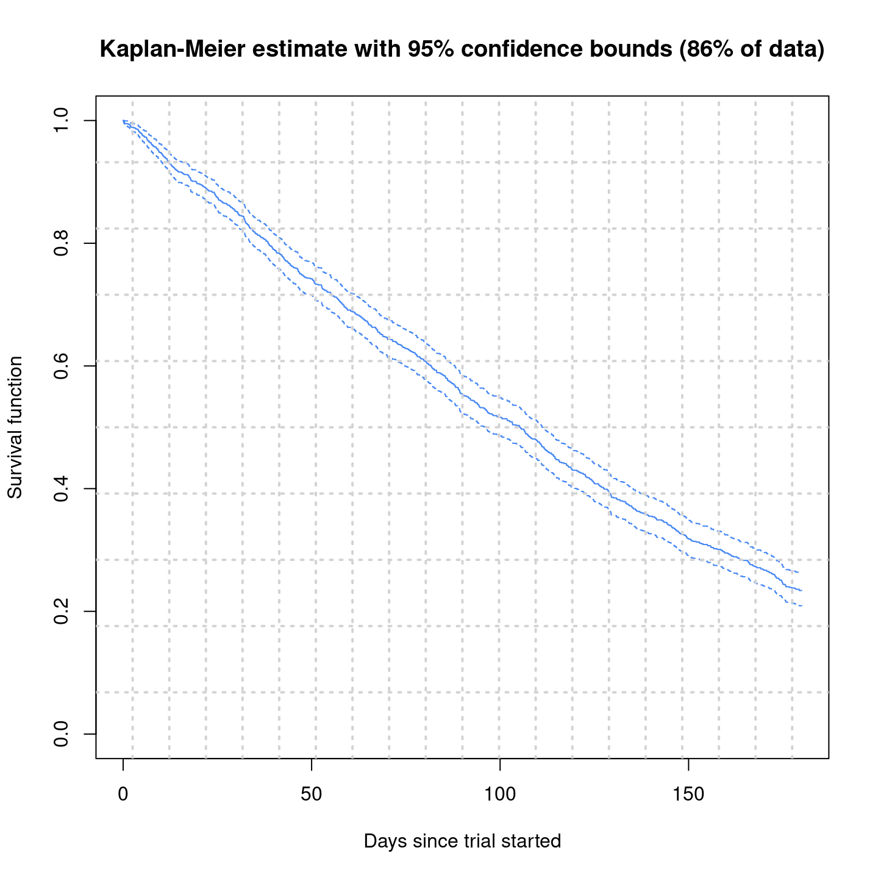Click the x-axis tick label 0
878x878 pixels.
pos(123,795)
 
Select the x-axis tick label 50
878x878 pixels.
pos(312,795)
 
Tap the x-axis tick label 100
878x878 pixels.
pos(499,795)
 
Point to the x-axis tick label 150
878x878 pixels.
pos(688,795)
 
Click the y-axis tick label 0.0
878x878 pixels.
pos(61,733)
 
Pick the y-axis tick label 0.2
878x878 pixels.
pos(61,611)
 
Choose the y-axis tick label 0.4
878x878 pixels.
pos(61,488)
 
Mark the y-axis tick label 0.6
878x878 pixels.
pos(61,366)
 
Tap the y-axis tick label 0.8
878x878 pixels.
pos(61,243)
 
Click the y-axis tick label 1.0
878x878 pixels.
pos(61,121)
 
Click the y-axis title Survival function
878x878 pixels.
pos(15,427)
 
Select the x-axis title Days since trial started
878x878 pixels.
pos(462,841)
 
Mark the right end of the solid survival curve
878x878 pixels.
pos(802,590)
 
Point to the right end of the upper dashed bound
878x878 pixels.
pos(799,573)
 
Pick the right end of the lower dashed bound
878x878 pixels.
pos(802,606)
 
